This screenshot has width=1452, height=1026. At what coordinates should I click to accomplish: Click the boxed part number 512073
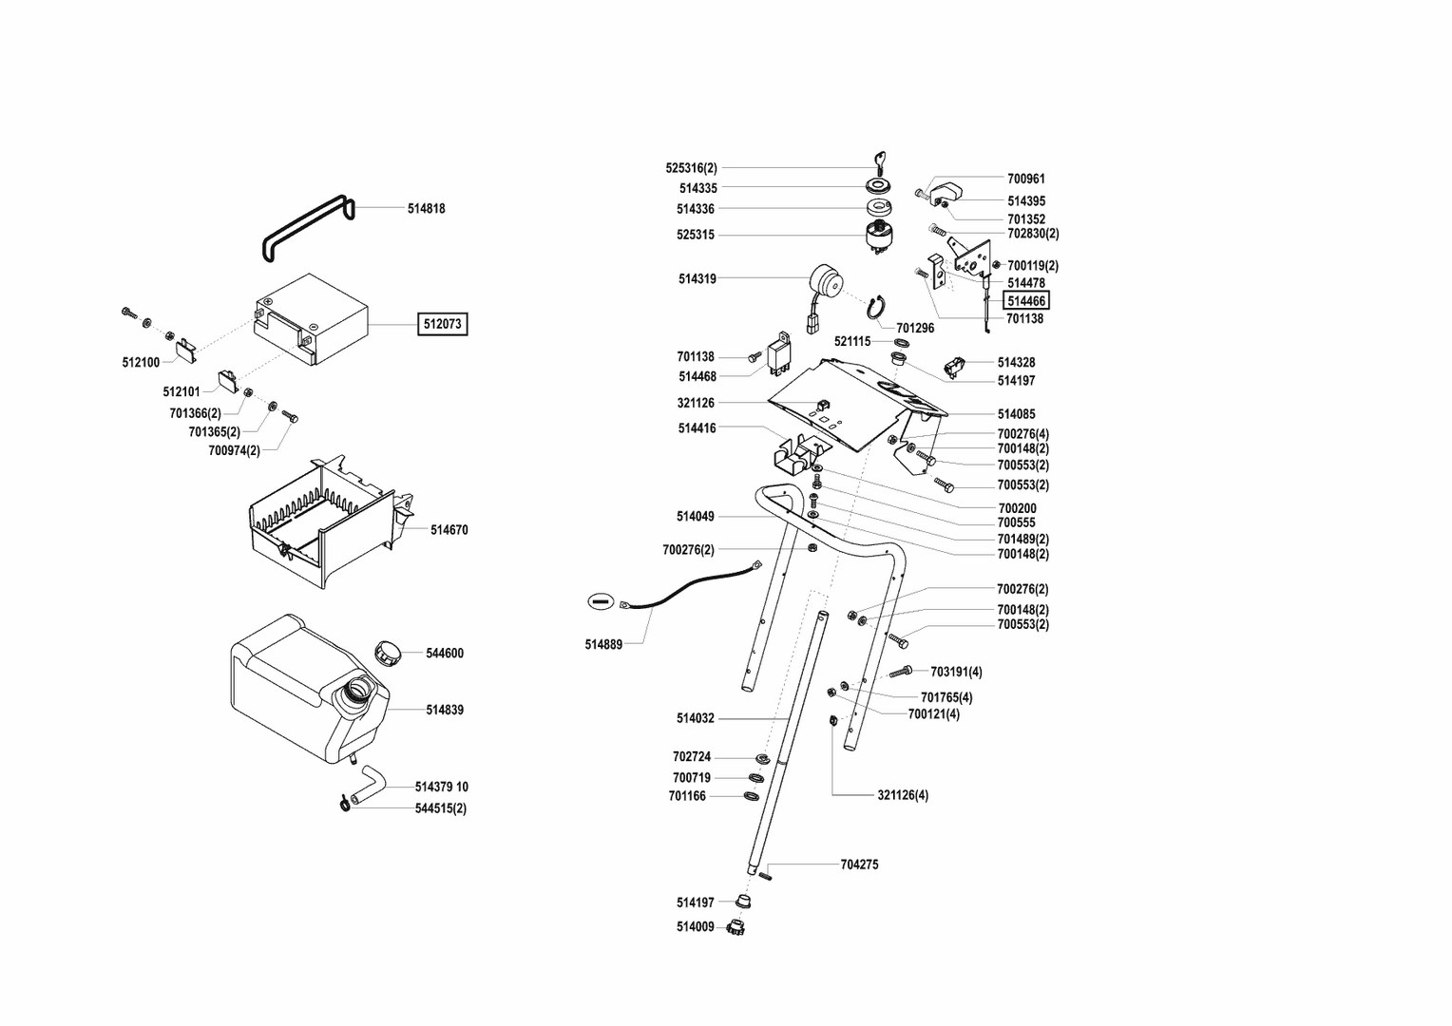click(x=442, y=324)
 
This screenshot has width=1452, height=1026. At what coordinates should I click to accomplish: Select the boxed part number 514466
click(x=1026, y=301)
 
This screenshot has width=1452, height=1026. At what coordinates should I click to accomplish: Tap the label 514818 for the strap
click(x=426, y=209)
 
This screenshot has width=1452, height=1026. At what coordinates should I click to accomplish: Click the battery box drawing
click(x=312, y=318)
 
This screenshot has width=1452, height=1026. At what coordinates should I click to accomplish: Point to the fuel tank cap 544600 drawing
click(x=388, y=653)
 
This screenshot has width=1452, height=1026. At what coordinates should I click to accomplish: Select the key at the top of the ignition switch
click(x=878, y=161)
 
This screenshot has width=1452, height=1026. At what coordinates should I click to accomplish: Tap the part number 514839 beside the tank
click(x=445, y=710)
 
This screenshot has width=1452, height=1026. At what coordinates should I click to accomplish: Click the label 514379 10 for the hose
click(x=441, y=787)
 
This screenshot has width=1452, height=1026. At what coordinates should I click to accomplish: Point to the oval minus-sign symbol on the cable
click(x=600, y=600)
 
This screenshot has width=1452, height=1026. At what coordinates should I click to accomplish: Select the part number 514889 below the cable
click(x=603, y=644)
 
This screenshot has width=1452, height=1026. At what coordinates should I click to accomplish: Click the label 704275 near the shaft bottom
click(x=859, y=864)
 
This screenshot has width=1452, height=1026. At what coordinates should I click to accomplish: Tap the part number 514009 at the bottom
click(x=695, y=927)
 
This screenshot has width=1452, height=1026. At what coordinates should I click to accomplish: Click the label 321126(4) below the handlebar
click(x=903, y=795)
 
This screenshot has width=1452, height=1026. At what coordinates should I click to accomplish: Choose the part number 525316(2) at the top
click(x=691, y=168)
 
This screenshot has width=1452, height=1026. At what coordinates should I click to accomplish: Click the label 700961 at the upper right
click(x=1026, y=179)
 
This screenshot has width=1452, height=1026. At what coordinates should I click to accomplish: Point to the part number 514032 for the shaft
click(x=695, y=718)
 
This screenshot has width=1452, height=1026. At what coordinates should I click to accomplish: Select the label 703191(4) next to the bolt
click(x=956, y=672)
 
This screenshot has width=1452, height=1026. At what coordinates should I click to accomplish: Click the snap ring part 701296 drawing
click(x=878, y=308)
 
